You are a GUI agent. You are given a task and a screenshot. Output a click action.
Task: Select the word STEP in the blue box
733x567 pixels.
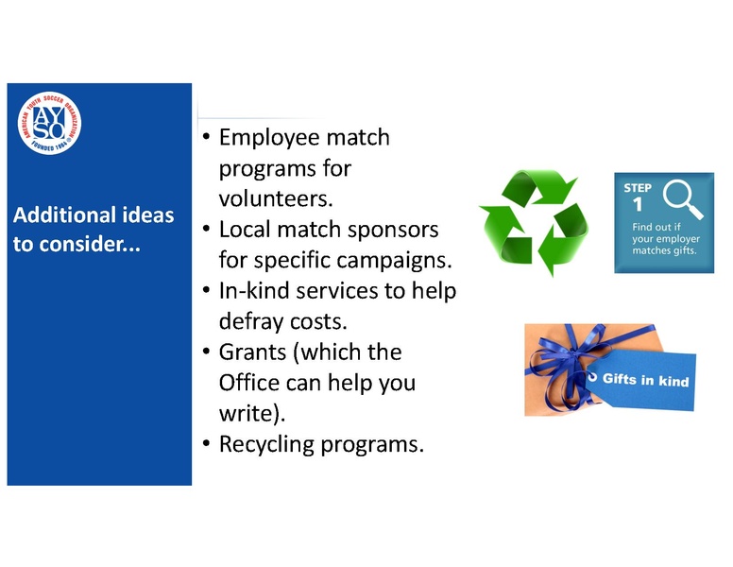pos(638,187)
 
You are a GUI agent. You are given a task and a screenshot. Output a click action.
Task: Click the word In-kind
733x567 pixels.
pos(250,290)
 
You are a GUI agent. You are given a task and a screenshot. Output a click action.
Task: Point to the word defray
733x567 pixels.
pos(250,321)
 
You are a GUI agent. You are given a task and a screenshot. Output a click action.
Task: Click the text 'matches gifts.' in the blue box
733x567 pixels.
pos(666,251)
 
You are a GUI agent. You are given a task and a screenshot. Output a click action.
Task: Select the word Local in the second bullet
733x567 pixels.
pos(244,230)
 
